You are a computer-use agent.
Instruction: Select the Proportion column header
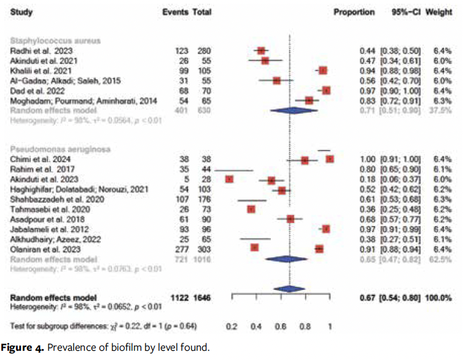coord(354,12)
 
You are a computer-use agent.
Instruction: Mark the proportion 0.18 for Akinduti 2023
coord(366,179)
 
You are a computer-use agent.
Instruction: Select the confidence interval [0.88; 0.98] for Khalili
coord(402,70)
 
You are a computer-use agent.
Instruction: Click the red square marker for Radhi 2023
coord(261,50)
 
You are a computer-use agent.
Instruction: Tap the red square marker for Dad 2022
coord(326,90)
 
